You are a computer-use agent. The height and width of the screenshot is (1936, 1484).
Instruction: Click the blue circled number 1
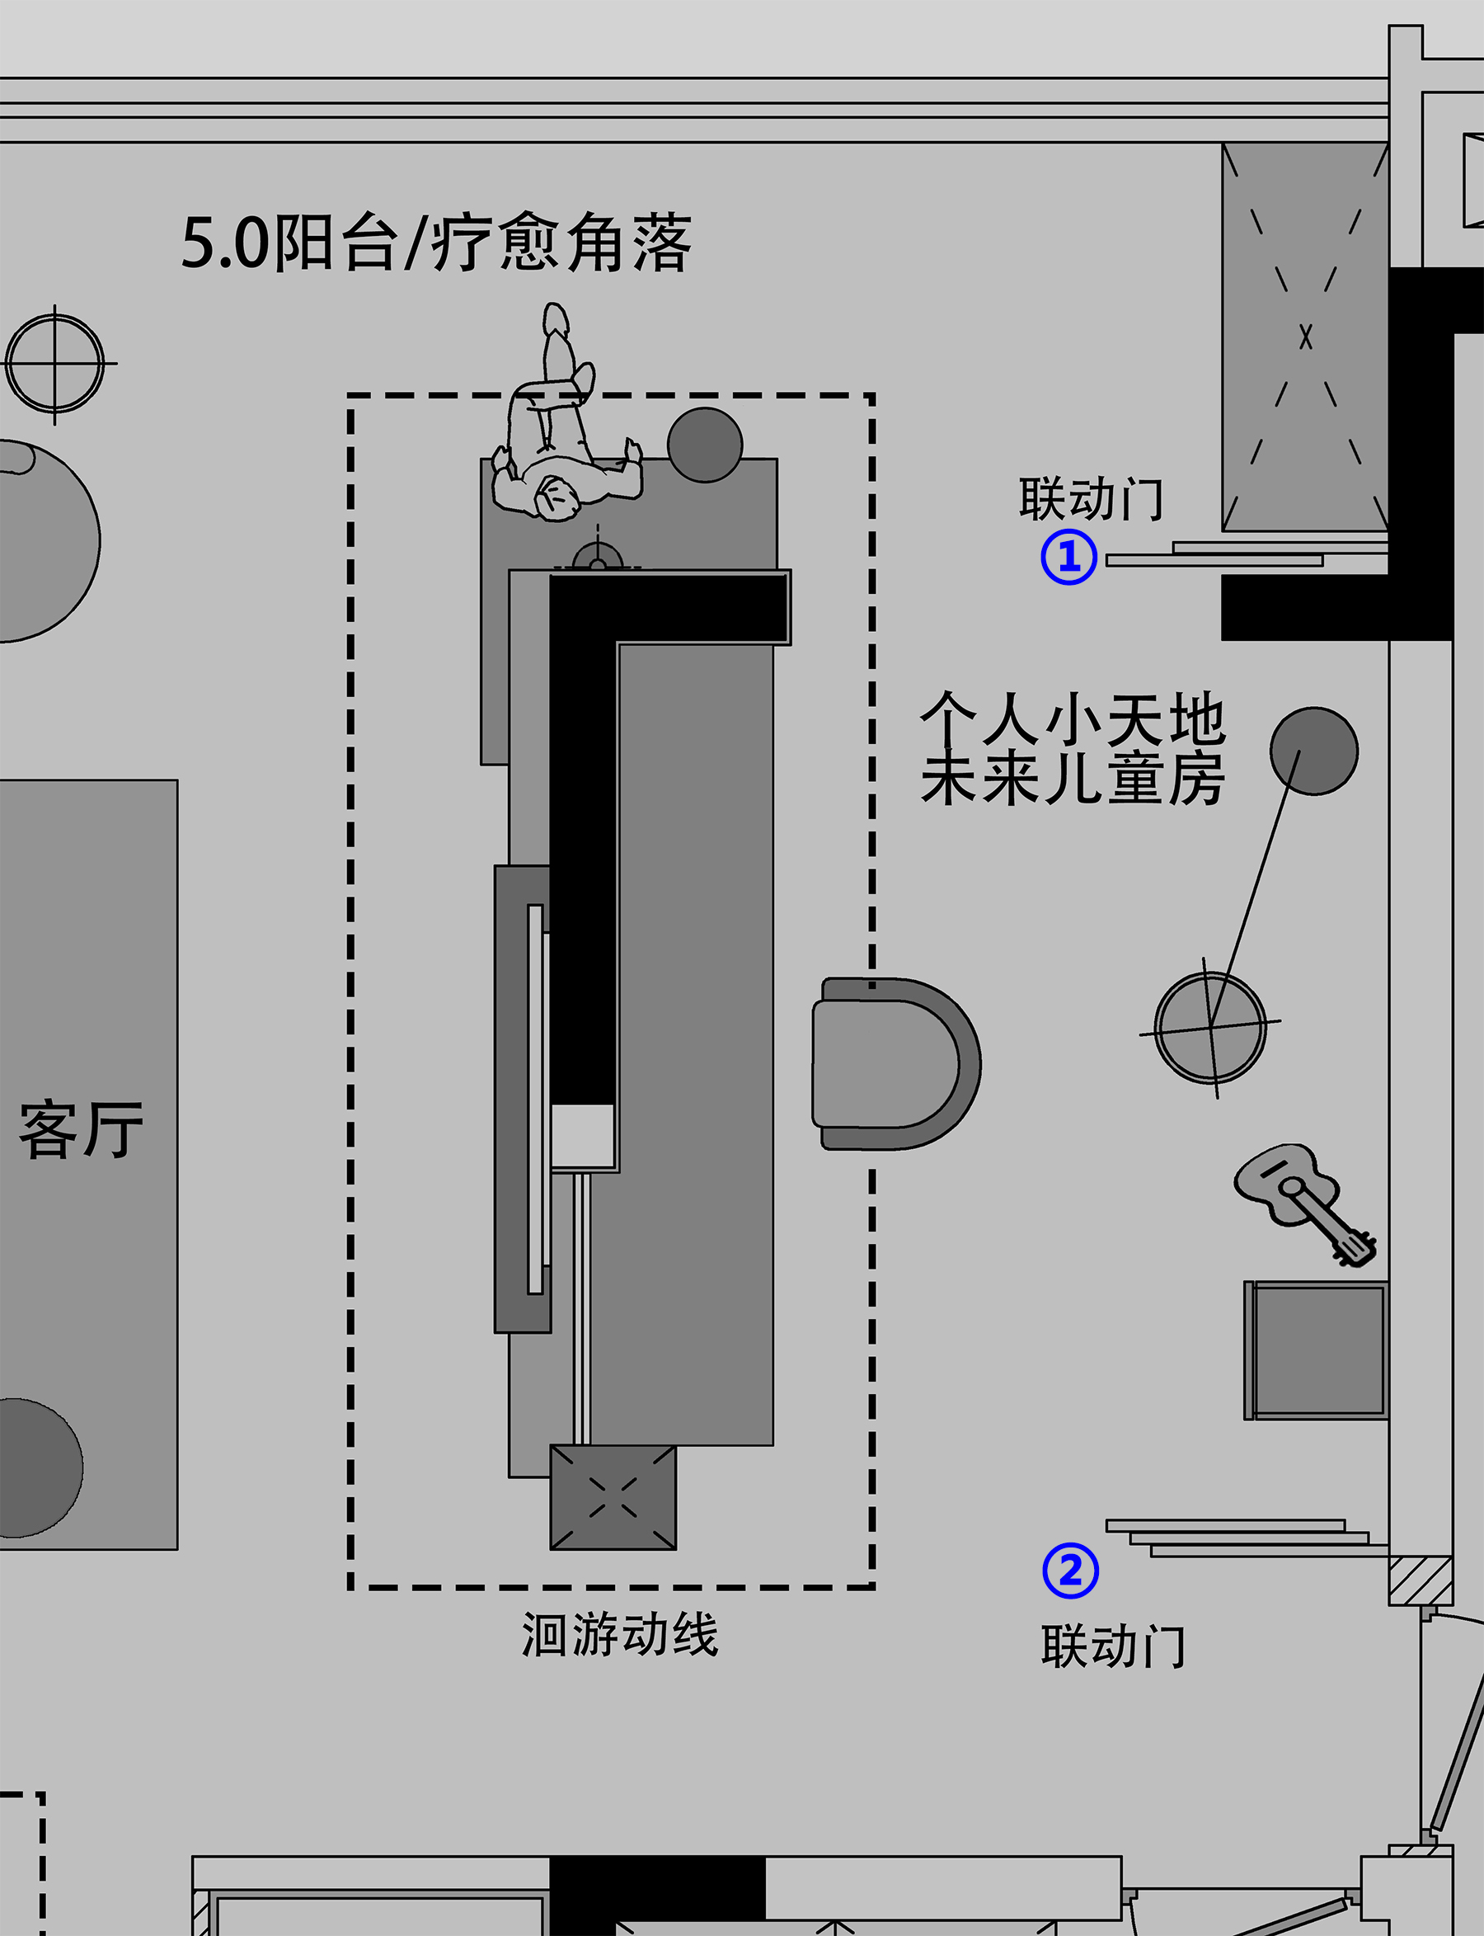[x=1068, y=557]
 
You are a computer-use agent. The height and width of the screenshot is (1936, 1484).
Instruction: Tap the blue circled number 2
[x=1071, y=1571]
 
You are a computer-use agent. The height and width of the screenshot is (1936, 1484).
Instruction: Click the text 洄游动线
[x=620, y=1634]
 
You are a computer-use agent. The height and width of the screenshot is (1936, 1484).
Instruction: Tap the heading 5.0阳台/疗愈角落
[x=436, y=243]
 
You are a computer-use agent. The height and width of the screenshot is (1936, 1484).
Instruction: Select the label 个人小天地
[x=1073, y=718]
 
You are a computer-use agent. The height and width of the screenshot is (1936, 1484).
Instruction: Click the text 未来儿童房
[x=1073, y=779]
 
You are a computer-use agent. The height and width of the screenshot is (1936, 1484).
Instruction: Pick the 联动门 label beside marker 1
[x=1092, y=499]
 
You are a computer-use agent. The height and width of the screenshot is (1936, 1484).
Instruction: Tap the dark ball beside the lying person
[x=704, y=445]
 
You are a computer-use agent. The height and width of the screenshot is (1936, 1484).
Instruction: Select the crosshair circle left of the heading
[x=54, y=363]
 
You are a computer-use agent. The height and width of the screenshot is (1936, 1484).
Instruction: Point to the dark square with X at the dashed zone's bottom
[x=613, y=1497]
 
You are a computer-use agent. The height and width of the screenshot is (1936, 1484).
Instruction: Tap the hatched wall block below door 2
[x=1421, y=1580]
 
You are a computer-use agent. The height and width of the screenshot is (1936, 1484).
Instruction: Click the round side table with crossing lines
[x=1210, y=1028]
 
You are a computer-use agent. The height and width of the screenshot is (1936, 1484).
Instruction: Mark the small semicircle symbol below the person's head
[x=597, y=557]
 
